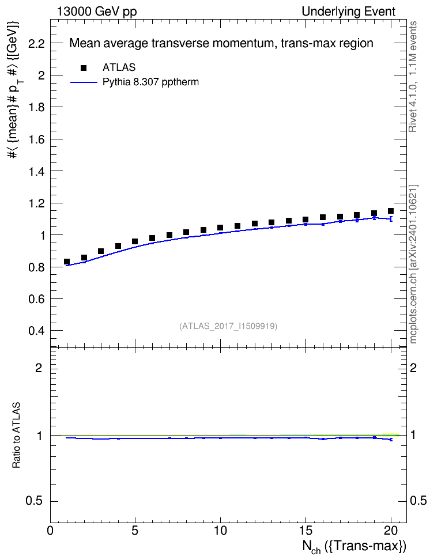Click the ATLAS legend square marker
tap(84, 68)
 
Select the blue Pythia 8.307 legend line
tap(84, 82)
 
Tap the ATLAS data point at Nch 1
tap(66, 262)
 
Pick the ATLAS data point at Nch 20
tap(391, 211)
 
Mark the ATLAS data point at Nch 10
tap(220, 228)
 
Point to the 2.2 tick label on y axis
tap(36, 44)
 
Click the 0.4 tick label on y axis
tap(36, 331)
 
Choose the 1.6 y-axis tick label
tap(36, 139)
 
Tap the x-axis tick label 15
tap(305, 531)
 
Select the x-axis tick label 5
tap(135, 531)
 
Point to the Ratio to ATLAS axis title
tap(16, 436)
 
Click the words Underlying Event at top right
tap(349, 12)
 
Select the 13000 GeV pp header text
tap(97, 12)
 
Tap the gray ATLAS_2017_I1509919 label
tap(228, 326)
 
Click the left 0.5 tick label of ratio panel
tap(35, 501)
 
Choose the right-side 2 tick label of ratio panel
tap(413, 368)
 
